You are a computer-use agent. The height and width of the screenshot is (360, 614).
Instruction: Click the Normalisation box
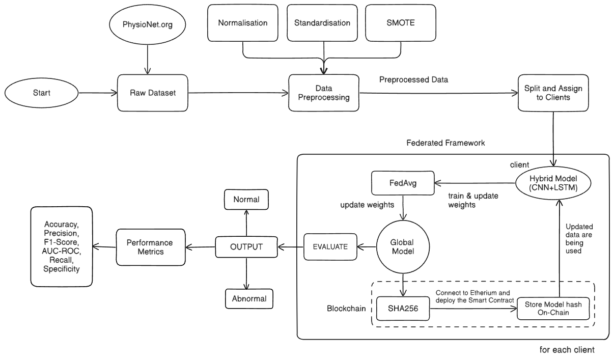coord(242,23)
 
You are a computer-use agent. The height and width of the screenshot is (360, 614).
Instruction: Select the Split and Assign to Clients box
coord(553,93)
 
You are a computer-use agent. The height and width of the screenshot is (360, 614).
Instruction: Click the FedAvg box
coord(402,182)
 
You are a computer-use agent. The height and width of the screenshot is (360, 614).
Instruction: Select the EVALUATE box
coord(330,247)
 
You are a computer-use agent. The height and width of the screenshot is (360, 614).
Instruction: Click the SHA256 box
coord(402,309)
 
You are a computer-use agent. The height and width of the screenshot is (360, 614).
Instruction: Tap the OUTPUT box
coord(246,247)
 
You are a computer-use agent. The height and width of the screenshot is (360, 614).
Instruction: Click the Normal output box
coord(246,200)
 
